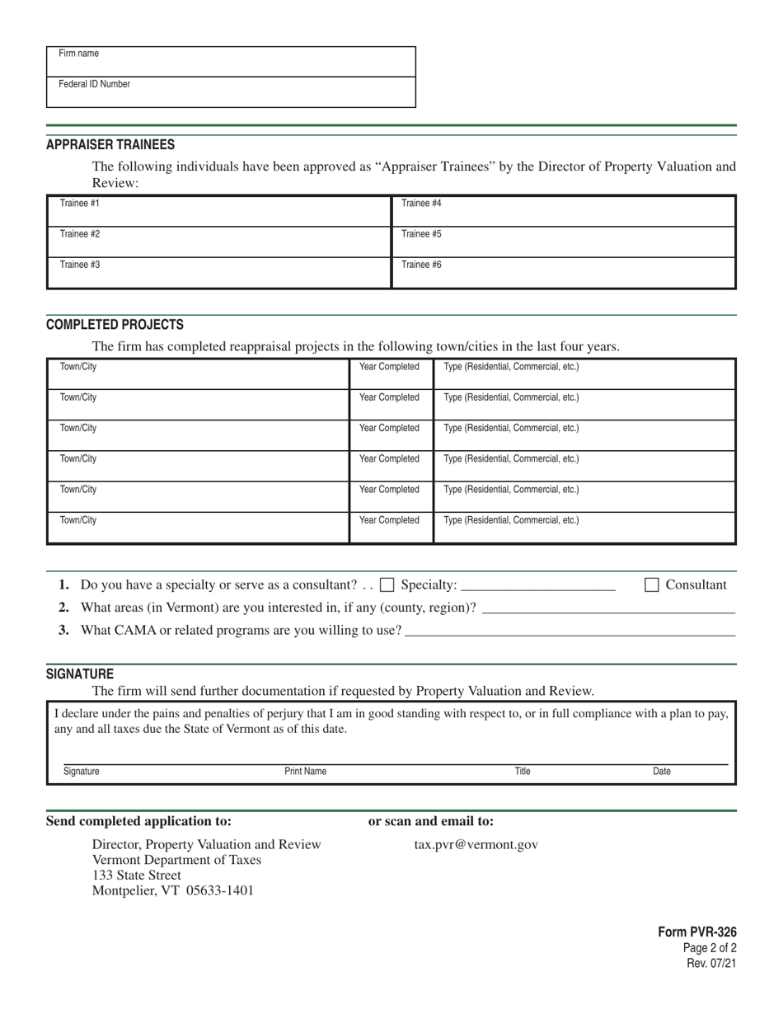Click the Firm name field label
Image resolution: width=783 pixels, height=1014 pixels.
coord(78,54)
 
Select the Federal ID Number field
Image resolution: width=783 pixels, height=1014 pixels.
coord(231,92)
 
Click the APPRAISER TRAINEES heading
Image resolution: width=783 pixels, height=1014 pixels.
coord(110,144)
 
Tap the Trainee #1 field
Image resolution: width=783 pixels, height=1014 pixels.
coord(218,211)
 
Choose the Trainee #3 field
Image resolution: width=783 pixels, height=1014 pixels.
coord(218,273)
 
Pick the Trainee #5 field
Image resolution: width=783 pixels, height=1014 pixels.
coord(563,242)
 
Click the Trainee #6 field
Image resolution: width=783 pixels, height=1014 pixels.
coord(563,273)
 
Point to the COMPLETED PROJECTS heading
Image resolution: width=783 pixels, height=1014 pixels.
coord(115,325)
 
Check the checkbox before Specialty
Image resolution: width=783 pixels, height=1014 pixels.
coord(387,585)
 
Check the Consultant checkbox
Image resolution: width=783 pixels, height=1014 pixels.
coord(651,585)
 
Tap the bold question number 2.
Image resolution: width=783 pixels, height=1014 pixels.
coord(64,608)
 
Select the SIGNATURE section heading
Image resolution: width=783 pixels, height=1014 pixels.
coord(80,674)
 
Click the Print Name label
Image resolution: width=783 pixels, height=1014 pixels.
coord(305,772)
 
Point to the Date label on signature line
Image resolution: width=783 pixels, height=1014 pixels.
coord(661,772)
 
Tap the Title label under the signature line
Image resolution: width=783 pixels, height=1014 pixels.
coord(523,772)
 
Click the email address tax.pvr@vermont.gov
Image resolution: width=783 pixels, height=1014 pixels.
coord(476,844)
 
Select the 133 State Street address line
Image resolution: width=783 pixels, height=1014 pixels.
coord(136,875)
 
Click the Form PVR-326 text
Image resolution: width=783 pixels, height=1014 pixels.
coord(696,932)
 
